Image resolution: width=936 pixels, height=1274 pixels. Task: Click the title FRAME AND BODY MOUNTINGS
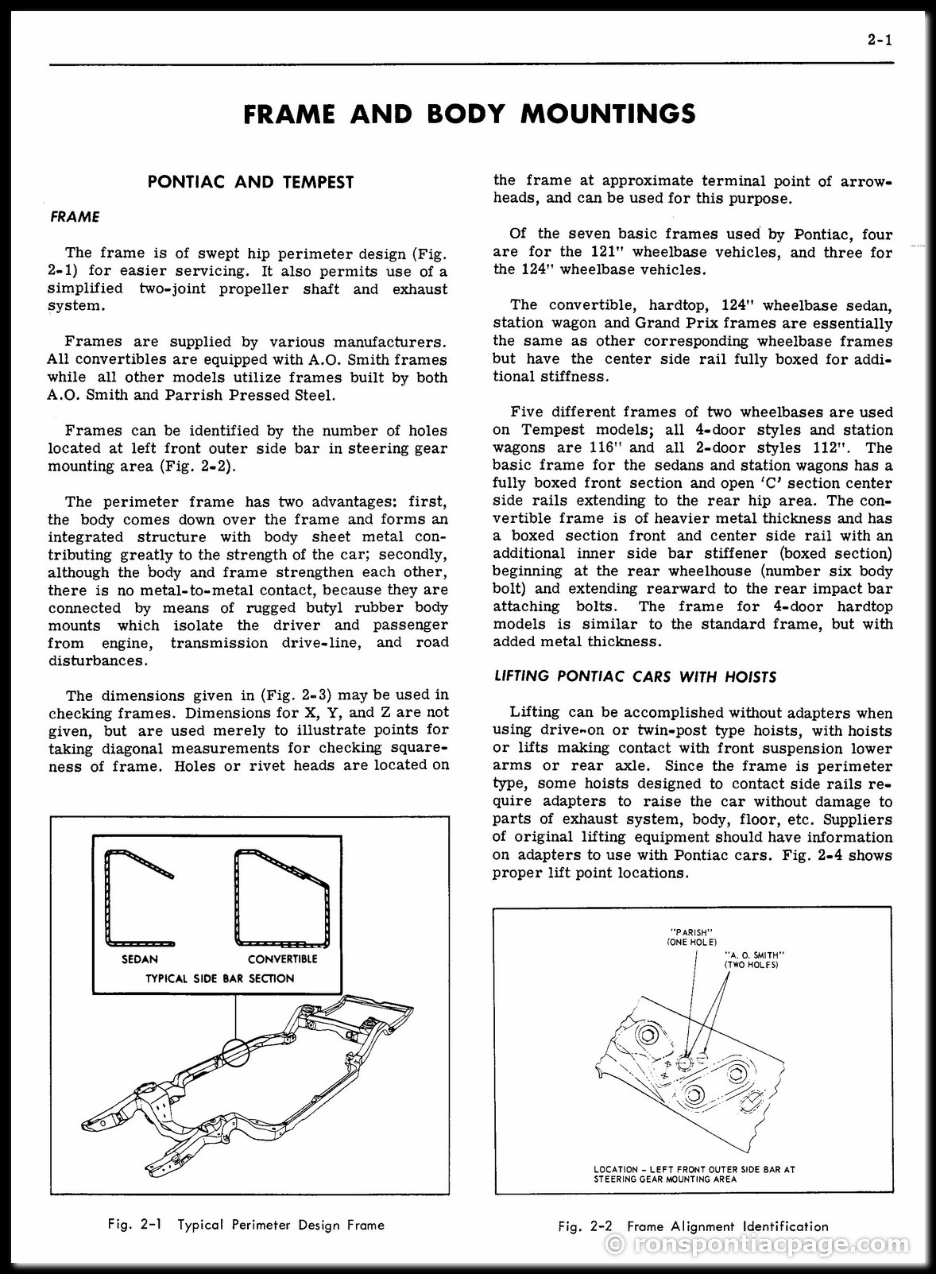(469, 114)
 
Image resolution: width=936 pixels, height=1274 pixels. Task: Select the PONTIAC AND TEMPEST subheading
(250, 182)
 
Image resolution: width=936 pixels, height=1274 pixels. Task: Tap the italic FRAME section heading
(75, 217)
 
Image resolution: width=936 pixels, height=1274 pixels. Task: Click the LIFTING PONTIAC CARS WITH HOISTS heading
(635, 677)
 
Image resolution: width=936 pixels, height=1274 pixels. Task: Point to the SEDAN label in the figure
(140, 959)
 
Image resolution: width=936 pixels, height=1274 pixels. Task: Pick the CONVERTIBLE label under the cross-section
(283, 959)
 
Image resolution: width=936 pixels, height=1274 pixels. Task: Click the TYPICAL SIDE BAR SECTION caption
(220, 979)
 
